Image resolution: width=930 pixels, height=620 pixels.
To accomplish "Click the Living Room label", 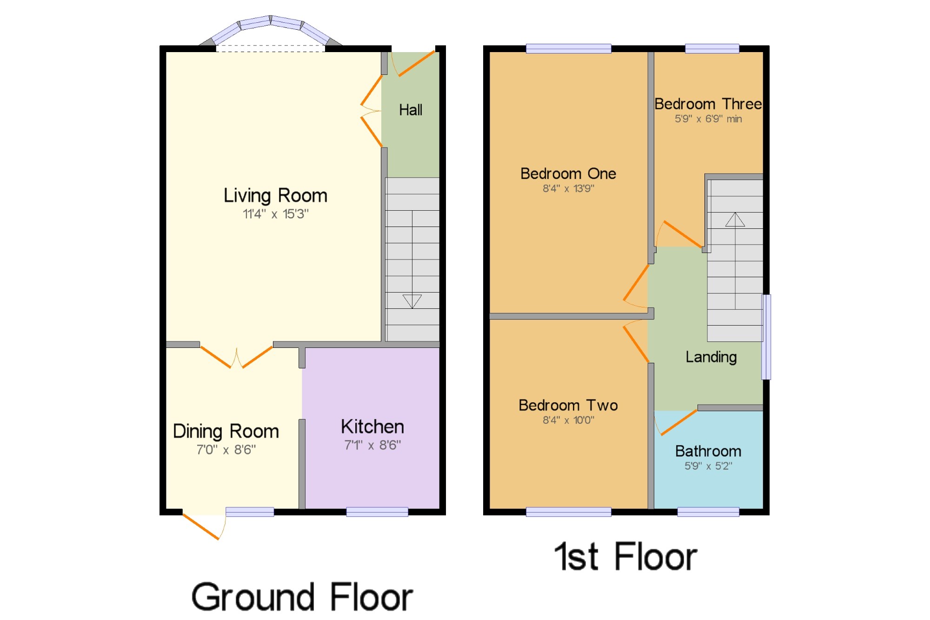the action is click(275, 196).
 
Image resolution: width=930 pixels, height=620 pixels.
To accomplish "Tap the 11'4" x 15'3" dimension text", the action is click(275, 214).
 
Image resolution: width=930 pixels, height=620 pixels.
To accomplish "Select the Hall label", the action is click(411, 110).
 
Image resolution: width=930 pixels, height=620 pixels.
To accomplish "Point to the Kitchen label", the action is click(372, 427).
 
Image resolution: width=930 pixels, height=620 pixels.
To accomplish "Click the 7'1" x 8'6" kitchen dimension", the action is click(372, 445).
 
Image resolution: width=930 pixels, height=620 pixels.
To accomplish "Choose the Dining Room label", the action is click(226, 432).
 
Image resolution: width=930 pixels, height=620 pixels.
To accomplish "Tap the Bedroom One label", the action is click(568, 173).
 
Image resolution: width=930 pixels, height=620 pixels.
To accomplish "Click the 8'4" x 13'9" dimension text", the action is click(568, 188).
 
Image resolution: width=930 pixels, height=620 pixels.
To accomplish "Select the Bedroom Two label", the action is click(568, 405).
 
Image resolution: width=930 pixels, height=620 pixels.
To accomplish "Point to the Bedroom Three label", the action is click(708, 104).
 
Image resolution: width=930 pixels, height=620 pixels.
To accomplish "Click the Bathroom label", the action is click(708, 451).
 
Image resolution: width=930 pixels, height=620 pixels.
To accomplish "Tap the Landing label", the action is click(711, 357).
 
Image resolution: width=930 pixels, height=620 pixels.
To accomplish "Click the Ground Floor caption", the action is click(302, 597).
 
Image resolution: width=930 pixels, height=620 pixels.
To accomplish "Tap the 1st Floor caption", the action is click(626, 556).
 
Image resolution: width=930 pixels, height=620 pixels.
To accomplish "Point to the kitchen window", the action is click(377, 512).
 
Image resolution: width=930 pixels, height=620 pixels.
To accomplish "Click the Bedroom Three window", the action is click(712, 48).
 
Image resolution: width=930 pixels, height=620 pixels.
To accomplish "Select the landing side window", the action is click(766, 337).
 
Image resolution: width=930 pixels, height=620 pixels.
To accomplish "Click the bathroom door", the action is click(679, 422).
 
